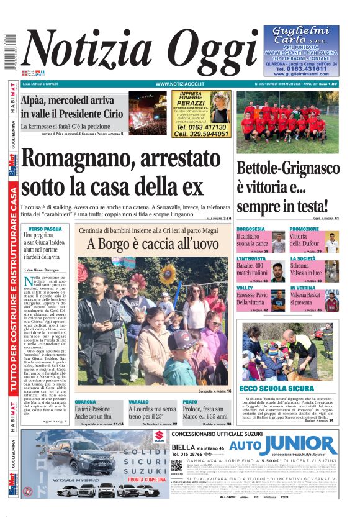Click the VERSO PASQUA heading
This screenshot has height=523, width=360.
click(45, 229)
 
